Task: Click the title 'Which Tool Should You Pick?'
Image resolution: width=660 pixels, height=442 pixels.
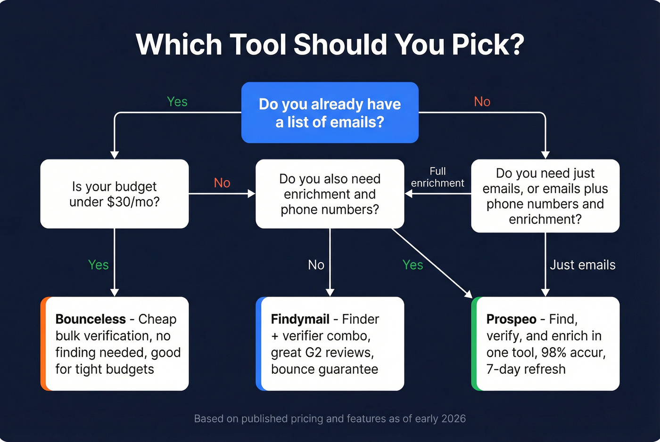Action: (x=330, y=44)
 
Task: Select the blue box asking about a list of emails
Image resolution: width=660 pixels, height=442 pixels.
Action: (x=330, y=113)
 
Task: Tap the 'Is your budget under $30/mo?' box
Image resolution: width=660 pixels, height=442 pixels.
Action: (x=115, y=194)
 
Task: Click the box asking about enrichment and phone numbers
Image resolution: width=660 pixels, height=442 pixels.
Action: (x=330, y=194)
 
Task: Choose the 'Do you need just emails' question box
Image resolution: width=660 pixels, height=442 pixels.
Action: (x=545, y=196)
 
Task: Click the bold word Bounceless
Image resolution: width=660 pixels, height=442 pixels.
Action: (x=91, y=319)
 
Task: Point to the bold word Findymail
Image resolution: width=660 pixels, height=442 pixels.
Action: (x=300, y=319)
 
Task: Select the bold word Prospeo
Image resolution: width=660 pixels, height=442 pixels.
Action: (x=511, y=319)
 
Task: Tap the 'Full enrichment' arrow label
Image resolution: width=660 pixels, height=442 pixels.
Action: (x=437, y=177)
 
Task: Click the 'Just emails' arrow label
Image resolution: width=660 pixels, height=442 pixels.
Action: (x=582, y=265)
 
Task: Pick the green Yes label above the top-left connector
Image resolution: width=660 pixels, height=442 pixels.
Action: (x=177, y=102)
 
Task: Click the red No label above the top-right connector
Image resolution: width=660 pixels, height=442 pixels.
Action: (x=482, y=102)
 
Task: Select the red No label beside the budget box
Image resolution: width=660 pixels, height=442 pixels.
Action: (x=222, y=183)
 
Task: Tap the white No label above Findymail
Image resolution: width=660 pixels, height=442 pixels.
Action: (x=316, y=265)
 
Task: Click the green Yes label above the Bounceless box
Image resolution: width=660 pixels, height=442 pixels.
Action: (x=99, y=265)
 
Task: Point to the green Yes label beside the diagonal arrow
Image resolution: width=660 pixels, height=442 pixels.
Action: (x=412, y=265)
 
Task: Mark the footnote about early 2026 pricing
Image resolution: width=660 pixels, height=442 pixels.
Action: (x=330, y=418)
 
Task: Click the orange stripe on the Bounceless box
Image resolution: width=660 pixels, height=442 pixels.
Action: (x=43, y=344)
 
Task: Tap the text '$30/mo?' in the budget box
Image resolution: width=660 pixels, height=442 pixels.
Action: (x=133, y=202)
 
